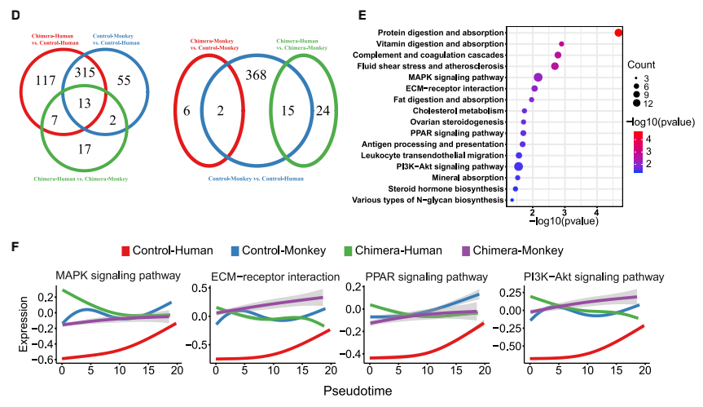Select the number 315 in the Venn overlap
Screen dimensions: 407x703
(x=86, y=73)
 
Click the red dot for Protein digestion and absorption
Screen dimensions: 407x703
(x=619, y=33)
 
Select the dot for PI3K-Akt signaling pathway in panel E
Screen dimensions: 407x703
(x=519, y=166)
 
